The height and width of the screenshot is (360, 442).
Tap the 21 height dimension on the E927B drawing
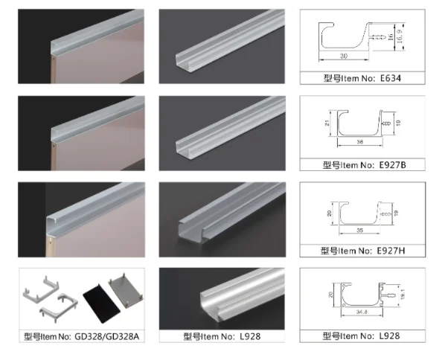(325, 125)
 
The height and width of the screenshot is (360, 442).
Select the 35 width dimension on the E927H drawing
(360, 230)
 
